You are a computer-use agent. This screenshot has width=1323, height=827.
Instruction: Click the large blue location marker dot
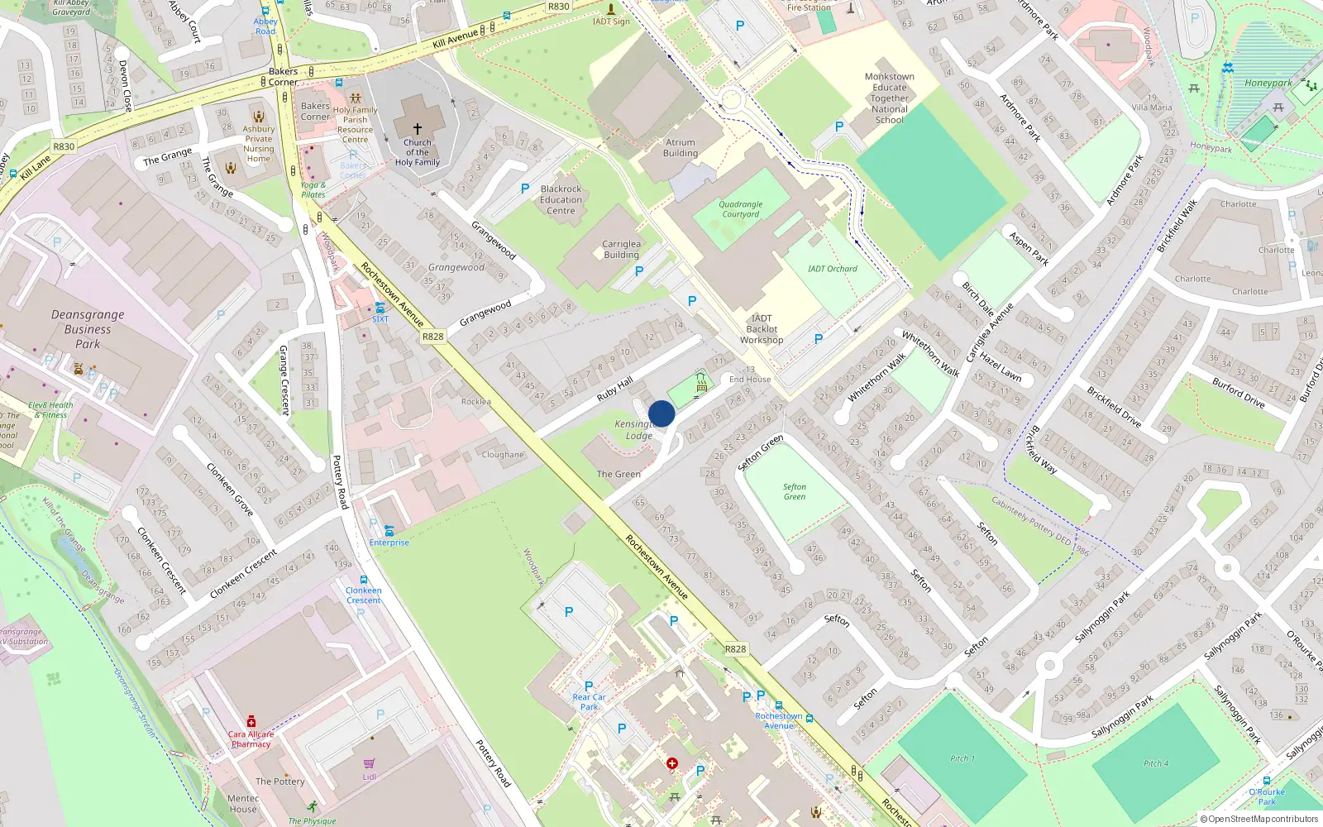point(661,413)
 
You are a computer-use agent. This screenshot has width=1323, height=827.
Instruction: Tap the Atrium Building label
point(681,148)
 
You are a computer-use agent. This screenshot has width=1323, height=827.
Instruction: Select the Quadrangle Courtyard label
point(741,209)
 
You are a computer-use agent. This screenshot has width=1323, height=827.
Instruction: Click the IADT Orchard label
point(832,269)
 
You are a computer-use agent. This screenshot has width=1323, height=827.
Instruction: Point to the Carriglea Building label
point(621,250)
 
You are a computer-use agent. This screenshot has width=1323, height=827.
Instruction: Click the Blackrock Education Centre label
point(561,200)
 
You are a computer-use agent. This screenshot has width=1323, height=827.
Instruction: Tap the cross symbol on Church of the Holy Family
point(418,129)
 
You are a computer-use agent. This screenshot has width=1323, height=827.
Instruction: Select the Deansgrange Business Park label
point(88,329)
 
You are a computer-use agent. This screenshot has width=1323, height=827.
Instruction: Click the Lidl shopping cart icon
point(369,763)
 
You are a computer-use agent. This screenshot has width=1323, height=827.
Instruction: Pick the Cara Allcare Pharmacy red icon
point(251,722)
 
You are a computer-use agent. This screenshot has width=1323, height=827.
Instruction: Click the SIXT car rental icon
point(380,308)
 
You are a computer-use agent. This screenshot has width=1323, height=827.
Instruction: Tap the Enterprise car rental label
point(389,543)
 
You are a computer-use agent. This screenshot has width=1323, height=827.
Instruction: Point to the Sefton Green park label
point(795,492)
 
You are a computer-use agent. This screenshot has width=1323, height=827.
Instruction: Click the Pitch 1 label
point(962,758)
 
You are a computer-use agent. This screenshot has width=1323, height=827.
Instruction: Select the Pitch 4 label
point(1157,763)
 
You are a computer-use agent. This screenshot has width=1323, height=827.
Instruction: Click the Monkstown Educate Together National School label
point(890,98)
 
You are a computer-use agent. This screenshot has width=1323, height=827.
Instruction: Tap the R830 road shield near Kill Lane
point(64,146)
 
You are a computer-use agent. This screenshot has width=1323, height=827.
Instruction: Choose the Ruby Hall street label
point(614,389)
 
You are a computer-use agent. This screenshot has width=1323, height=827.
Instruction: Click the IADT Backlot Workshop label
point(762,329)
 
